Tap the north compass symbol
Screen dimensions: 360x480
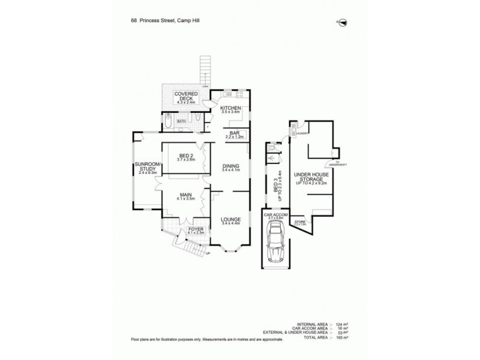click(x=342, y=22)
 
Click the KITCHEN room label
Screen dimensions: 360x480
click(x=230, y=109)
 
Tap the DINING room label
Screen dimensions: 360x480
click(x=230, y=167)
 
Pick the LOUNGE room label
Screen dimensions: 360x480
click(x=230, y=221)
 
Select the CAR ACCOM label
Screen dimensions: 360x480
click(x=274, y=214)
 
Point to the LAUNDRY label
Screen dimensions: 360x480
click(x=300, y=134)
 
